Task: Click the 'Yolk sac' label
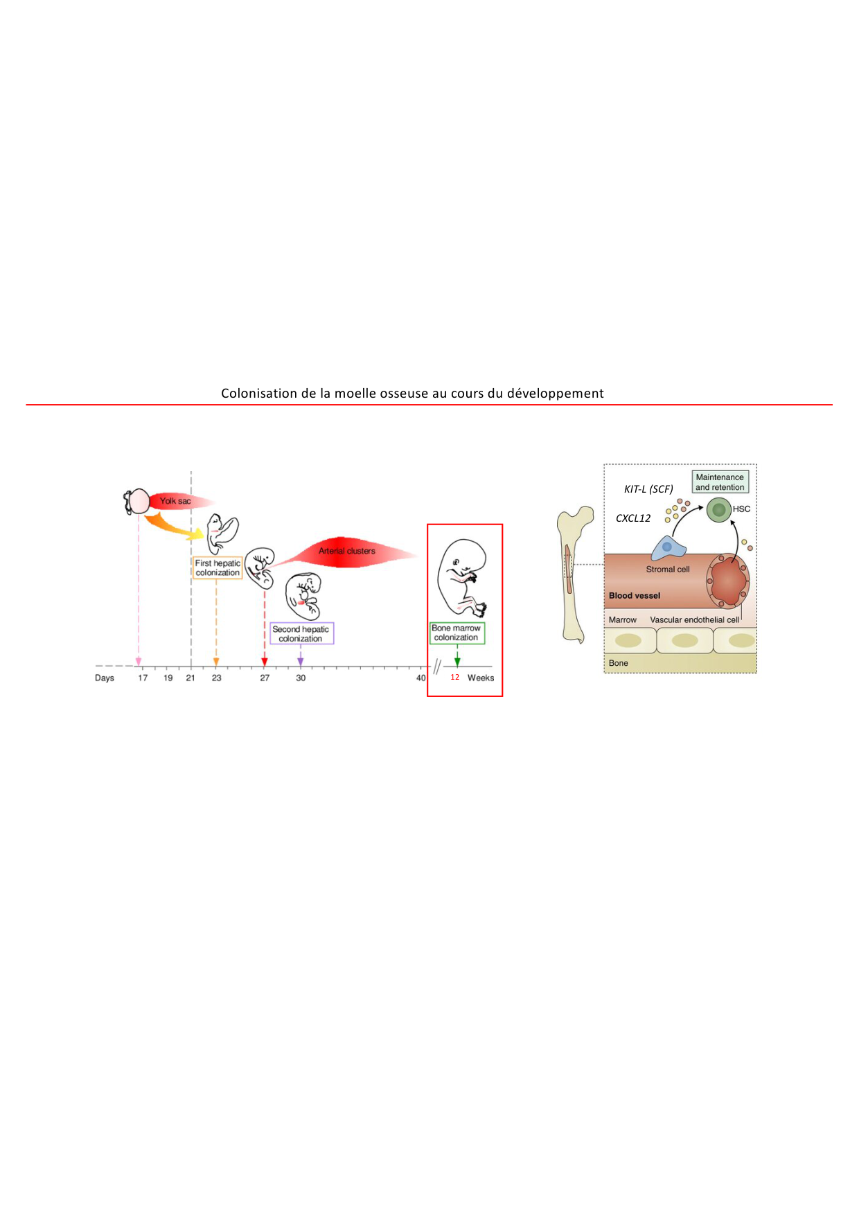tap(175, 501)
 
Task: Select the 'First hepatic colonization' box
tap(218, 568)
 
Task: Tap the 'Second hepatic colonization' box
tap(301, 634)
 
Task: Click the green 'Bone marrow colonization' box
tap(457, 633)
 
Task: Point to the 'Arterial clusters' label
tap(346, 551)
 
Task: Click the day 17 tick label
tap(143, 678)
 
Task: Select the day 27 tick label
tap(265, 678)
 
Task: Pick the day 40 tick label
tap(421, 678)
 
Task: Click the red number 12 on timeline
tap(455, 677)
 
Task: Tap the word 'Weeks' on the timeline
tap(481, 678)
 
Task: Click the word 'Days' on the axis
tap(105, 678)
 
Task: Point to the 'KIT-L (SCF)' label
tap(648, 489)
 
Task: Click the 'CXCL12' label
tap(633, 518)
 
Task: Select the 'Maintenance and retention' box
tap(720, 482)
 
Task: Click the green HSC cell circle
tap(719, 510)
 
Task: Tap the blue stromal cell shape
tap(668, 548)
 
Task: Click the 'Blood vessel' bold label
tap(635, 596)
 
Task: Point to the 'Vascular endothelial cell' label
tap(694, 620)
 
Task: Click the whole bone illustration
tap(574, 575)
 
